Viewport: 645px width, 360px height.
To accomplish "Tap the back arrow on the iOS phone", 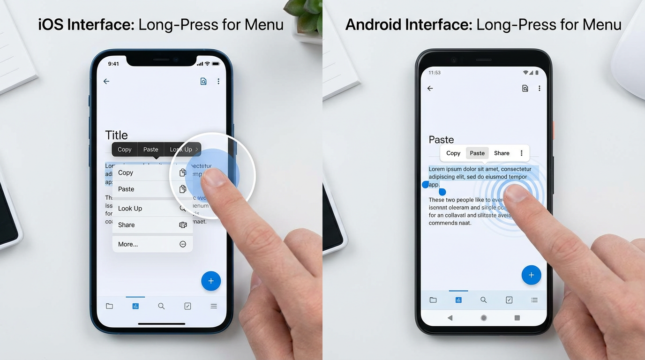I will pyautogui.click(x=106, y=82).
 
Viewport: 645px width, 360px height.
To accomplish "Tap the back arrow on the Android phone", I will pyautogui.click(x=430, y=89).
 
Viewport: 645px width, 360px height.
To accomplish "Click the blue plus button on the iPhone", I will pyautogui.click(x=211, y=281).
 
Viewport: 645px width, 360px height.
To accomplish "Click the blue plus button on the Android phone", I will pyautogui.click(x=531, y=275).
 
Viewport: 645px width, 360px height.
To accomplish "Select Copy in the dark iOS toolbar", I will pyautogui.click(x=125, y=150).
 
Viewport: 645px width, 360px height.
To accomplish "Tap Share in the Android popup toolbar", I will pyautogui.click(x=502, y=153).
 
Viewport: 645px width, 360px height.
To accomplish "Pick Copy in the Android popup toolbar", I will pyautogui.click(x=453, y=153).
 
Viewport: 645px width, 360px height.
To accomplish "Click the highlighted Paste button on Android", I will pyautogui.click(x=477, y=153).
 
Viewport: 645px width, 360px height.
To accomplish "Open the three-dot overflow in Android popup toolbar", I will pyautogui.click(x=521, y=153).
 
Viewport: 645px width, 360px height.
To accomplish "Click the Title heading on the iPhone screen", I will pyautogui.click(x=116, y=135).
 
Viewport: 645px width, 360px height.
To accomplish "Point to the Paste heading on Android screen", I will pyautogui.click(x=441, y=140).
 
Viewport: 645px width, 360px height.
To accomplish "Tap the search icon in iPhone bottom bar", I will pyautogui.click(x=161, y=306).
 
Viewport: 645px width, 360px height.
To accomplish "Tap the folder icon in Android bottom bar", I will pyautogui.click(x=433, y=300).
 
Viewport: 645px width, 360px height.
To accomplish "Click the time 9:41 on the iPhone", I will pyautogui.click(x=113, y=64).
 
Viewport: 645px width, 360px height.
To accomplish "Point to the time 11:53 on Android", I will pyautogui.click(x=435, y=73).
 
